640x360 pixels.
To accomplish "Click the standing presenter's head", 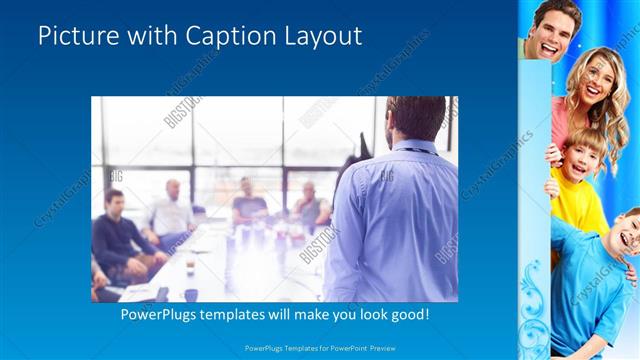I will [x=411, y=118].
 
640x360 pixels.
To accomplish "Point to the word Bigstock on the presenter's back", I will [x=320, y=245].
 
